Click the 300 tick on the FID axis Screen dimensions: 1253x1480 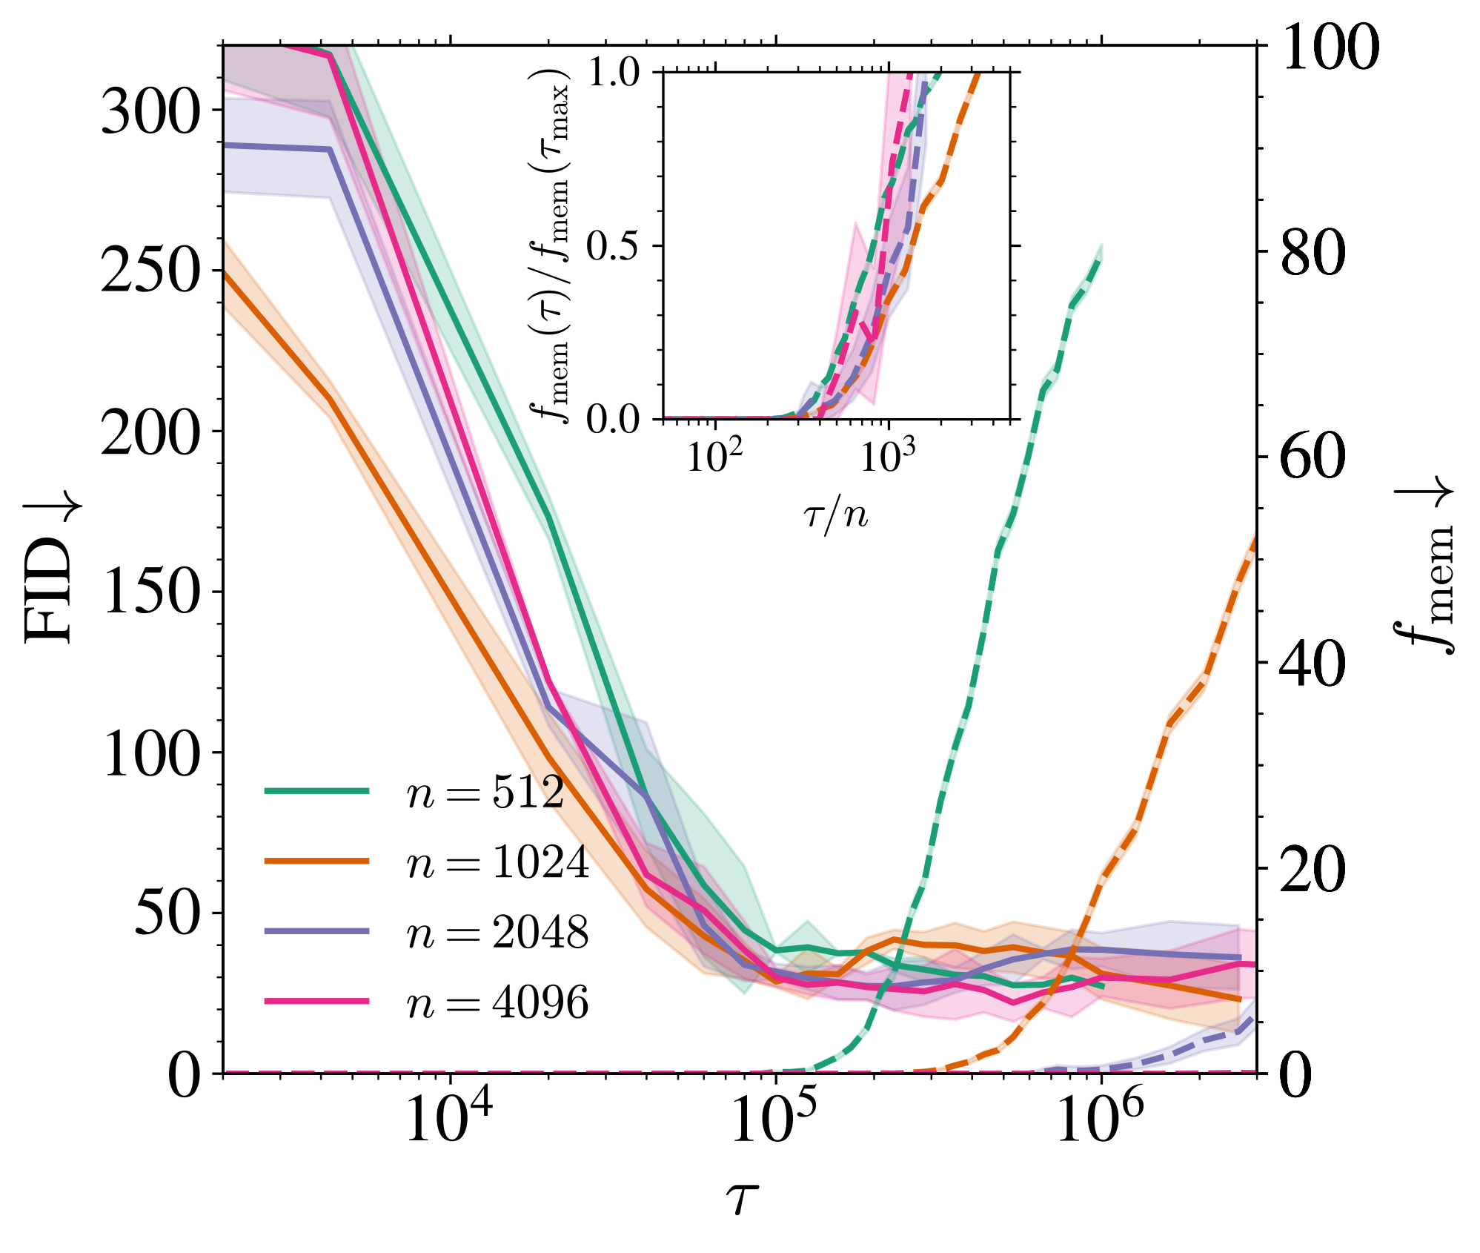tap(150, 110)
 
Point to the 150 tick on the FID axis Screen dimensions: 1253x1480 tap(150, 592)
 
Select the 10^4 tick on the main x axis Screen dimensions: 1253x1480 tap(449, 1118)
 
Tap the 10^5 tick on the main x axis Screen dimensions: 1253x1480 tap(775, 1118)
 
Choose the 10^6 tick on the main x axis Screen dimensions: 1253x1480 tap(1101, 1118)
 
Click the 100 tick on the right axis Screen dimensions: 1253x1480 tap(1330, 46)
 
